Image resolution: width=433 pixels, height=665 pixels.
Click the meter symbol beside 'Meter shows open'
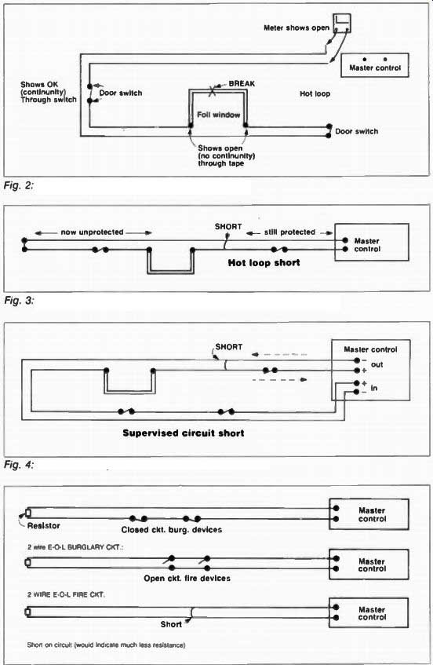point(341,23)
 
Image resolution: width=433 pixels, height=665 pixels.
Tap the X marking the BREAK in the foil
point(212,90)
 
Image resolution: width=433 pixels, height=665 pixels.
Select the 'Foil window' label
point(218,115)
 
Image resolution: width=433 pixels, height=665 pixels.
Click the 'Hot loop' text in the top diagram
point(315,93)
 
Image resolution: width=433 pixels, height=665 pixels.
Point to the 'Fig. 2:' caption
point(19,185)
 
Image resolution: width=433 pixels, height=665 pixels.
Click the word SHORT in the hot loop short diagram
point(228,226)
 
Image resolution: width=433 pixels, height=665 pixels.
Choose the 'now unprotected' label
point(92,232)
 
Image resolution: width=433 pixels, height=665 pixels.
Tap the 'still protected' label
point(289,232)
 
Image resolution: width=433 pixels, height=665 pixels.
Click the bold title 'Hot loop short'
point(264,262)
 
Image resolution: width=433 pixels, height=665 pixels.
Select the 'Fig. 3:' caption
point(19,300)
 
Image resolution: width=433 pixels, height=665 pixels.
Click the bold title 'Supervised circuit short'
point(183,433)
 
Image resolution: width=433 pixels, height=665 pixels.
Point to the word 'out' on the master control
point(377,364)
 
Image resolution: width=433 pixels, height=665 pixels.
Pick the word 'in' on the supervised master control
point(374,388)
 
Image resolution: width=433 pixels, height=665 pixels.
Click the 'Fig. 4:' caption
point(19,465)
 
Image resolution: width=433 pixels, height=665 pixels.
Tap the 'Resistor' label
point(44,525)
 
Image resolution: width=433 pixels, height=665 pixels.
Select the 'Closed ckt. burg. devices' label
point(172,530)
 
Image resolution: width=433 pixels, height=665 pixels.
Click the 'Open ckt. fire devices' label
point(187,578)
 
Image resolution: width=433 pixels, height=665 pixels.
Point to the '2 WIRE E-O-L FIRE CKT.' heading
point(66,594)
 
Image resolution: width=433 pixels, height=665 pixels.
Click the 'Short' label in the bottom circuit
point(171,624)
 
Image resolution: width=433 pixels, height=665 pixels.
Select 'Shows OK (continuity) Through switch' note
point(49,92)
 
